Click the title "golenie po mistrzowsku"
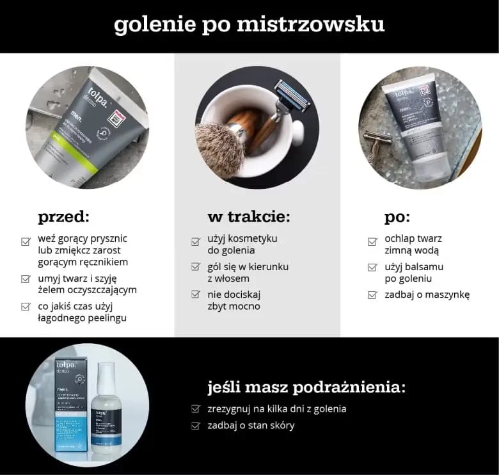pos(249,24)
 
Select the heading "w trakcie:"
pos(248,216)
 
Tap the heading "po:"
pos(397,216)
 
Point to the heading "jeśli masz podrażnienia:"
pos(306,387)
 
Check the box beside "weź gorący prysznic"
pos(26,241)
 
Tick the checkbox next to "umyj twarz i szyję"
pos(26,278)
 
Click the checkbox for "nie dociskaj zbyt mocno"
pos(196,294)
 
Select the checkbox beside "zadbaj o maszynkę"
pos(372,295)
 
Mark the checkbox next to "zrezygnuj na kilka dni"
pos(196,409)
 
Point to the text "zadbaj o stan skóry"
pos(251,425)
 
